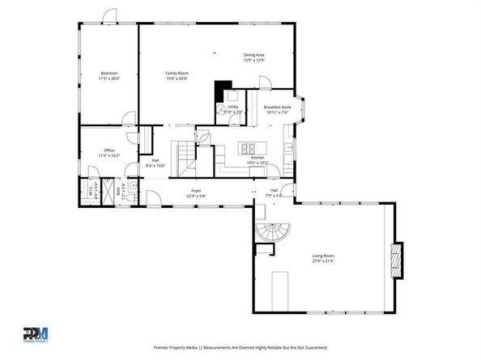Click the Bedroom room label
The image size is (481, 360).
pyautogui.click(x=109, y=74)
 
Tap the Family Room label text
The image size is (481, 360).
pyautogui.click(x=177, y=74)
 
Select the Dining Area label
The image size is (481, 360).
pyautogui.click(x=254, y=55)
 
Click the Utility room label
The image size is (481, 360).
pyautogui.click(x=233, y=107)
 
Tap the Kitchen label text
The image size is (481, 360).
pyautogui.click(x=257, y=158)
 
